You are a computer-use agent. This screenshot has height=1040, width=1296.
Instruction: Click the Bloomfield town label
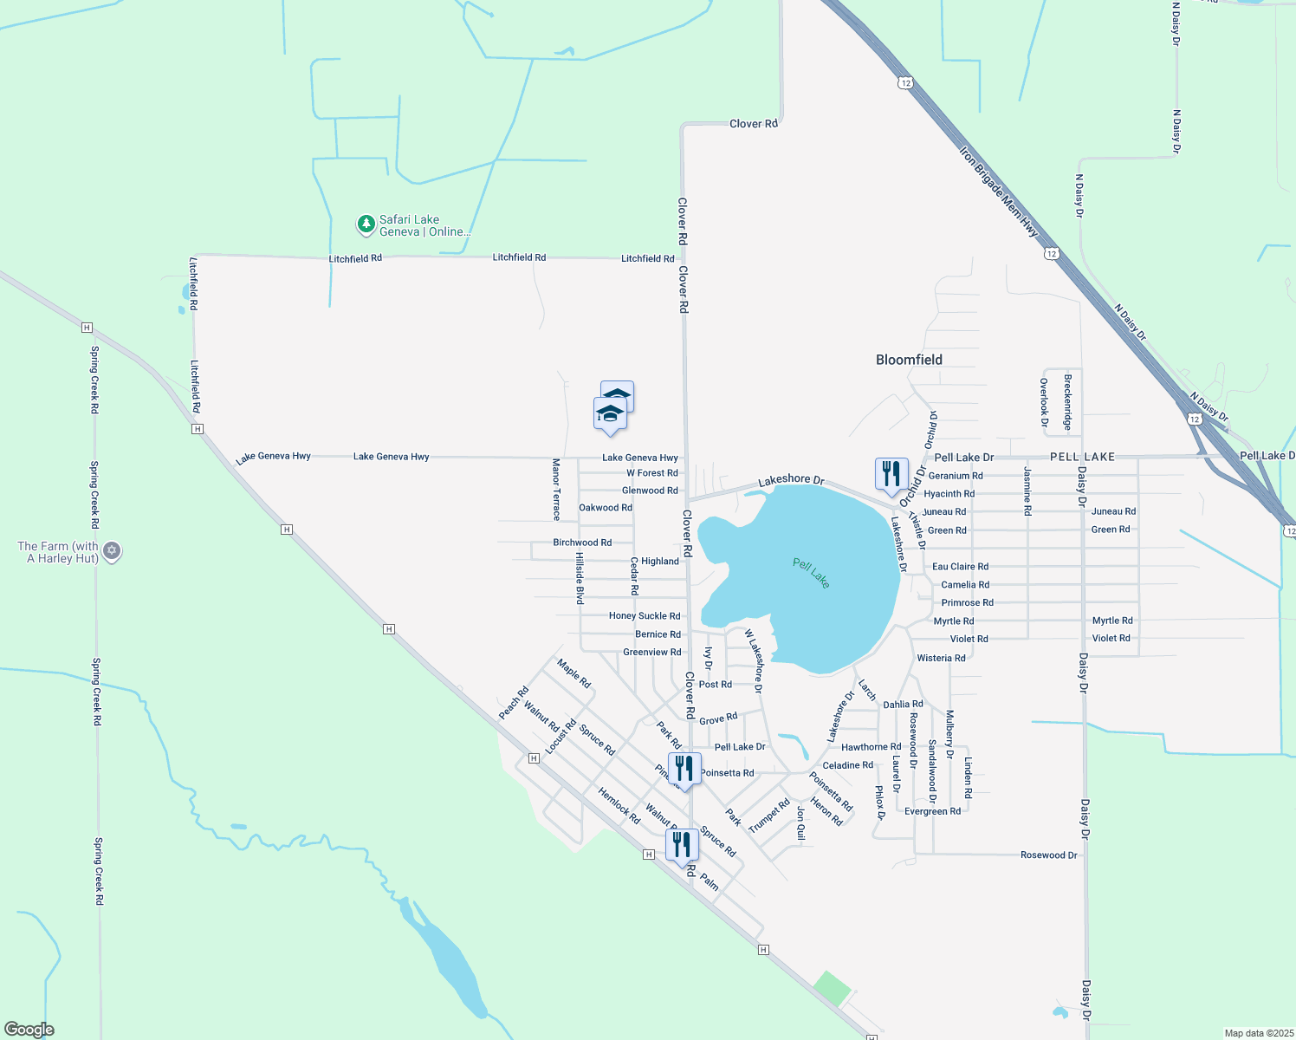click(x=909, y=360)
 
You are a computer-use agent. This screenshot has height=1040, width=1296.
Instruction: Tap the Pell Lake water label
click(x=811, y=573)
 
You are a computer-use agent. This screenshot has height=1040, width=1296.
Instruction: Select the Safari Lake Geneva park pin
click(x=366, y=225)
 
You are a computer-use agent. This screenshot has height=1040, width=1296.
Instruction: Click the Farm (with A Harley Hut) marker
click(x=112, y=551)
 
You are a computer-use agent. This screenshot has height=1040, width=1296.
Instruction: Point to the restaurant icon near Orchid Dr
click(x=891, y=475)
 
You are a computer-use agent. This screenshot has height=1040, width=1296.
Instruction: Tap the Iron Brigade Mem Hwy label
click(x=998, y=192)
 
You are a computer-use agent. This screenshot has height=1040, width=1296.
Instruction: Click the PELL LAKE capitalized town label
click(x=1082, y=457)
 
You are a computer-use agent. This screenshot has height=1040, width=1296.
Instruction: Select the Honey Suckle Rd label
click(x=644, y=616)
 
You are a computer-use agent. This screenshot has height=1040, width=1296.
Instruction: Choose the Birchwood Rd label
click(x=582, y=543)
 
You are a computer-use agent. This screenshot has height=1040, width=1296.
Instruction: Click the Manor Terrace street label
click(x=556, y=490)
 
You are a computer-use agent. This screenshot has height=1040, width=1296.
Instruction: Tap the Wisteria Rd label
click(x=941, y=659)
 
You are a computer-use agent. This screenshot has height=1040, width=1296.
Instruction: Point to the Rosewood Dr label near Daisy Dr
click(x=1048, y=855)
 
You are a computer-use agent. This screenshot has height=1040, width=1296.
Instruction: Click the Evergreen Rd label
click(x=932, y=812)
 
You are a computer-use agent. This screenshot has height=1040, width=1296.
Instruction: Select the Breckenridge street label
click(x=1068, y=402)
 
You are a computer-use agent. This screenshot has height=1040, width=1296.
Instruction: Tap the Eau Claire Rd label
click(x=960, y=567)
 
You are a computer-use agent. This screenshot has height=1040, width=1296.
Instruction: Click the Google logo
click(x=29, y=1030)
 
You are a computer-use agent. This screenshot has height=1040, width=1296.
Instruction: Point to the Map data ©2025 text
click(x=1257, y=1033)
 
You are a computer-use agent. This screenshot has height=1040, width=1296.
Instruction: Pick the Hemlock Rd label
click(x=619, y=805)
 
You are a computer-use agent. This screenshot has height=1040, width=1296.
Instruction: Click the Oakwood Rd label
click(x=605, y=508)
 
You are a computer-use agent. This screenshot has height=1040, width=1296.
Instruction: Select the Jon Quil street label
click(x=801, y=823)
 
